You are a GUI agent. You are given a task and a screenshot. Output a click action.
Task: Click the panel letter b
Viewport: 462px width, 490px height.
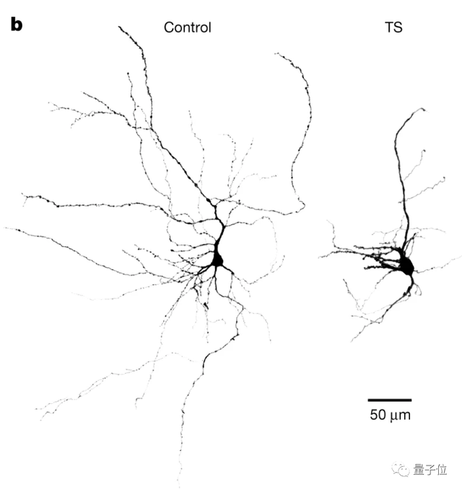(16, 25)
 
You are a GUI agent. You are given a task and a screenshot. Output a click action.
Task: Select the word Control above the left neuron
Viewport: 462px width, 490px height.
(187, 28)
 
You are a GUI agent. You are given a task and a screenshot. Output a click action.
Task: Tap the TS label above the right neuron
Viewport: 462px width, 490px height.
(393, 28)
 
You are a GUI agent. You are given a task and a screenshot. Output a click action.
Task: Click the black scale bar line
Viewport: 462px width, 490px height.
(390, 399)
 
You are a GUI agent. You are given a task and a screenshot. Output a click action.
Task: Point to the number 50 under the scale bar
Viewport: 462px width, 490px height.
(379, 416)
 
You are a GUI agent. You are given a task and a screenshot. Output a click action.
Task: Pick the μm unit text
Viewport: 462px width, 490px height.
(401, 417)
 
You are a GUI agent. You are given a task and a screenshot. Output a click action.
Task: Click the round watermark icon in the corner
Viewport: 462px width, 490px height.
(401, 470)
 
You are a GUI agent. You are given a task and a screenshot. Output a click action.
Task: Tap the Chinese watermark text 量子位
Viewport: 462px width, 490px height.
(432, 470)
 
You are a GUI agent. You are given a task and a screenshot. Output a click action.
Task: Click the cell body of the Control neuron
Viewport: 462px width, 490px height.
(217, 259)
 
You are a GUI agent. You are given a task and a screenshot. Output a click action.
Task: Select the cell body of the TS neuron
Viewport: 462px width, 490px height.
(406, 267)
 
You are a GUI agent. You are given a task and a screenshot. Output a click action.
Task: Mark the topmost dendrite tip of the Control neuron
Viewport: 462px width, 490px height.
(120, 27)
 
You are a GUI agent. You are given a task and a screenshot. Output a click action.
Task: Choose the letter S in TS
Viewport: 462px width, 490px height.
(398, 28)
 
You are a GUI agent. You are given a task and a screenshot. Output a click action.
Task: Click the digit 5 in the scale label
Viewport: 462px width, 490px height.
(375, 416)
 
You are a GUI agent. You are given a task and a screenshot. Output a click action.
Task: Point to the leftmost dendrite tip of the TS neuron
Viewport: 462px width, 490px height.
(320, 254)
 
